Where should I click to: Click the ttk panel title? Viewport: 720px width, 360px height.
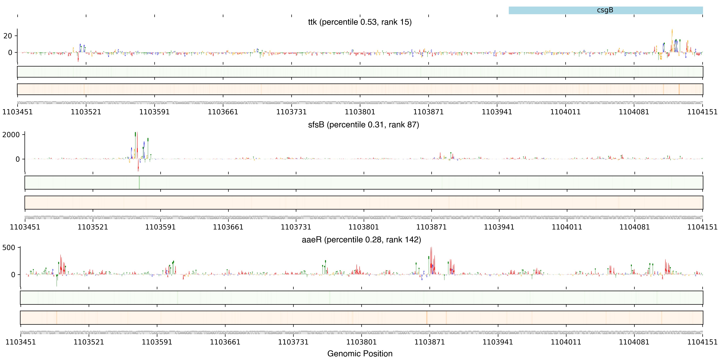[x=360, y=22]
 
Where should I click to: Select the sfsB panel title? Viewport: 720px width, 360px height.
[x=363, y=125]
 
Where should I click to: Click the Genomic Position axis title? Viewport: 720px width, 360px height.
[x=360, y=353]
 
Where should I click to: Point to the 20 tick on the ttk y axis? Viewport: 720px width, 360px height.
[x=8, y=36]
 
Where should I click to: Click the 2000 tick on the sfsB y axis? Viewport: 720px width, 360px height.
[x=11, y=135]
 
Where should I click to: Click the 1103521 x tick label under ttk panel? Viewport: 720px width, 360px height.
[x=86, y=112]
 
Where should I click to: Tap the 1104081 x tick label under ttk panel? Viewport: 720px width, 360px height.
[x=634, y=112]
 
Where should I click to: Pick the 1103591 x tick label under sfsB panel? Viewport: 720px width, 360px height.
[x=160, y=227]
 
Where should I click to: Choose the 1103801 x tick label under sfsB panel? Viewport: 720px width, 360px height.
[x=364, y=227]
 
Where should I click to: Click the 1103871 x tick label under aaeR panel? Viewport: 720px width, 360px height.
[x=430, y=342]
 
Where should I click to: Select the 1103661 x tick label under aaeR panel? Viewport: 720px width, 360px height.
[x=225, y=342]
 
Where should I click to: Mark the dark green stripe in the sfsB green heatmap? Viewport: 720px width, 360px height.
[x=139, y=182]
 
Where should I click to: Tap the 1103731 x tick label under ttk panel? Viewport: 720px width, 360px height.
[x=291, y=112]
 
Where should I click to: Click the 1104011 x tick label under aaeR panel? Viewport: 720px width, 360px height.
[x=566, y=342]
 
